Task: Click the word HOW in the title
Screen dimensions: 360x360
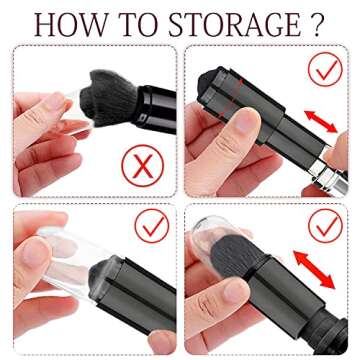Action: click(72, 25)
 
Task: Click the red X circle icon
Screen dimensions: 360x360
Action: click(143, 165)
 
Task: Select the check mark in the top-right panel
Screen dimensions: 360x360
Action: click(325, 69)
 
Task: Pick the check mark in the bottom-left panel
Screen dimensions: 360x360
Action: click(152, 226)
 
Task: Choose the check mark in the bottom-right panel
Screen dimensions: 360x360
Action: click(325, 226)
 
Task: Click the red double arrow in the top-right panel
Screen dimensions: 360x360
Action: click(320, 122)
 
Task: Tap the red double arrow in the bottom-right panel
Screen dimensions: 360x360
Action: click(314, 270)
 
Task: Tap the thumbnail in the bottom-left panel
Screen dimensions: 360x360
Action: click(36, 253)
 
